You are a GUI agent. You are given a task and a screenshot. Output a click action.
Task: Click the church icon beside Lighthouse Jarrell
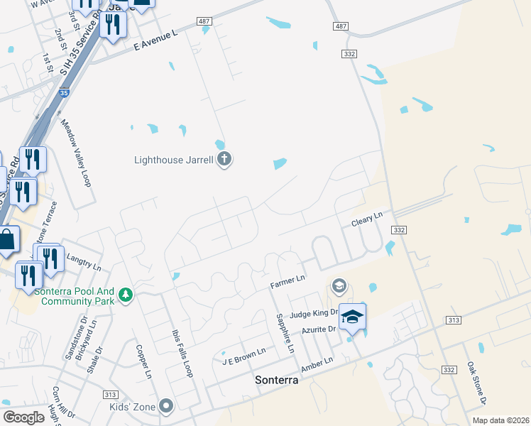(x=224, y=159)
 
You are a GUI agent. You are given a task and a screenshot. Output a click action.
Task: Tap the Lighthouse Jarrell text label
(x=174, y=160)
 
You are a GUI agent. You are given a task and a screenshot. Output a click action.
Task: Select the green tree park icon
(x=126, y=294)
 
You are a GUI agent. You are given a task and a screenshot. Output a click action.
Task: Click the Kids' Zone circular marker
(x=166, y=406)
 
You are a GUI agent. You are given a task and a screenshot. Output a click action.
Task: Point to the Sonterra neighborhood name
(x=275, y=380)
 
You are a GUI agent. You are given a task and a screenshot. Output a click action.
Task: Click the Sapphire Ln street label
(x=285, y=334)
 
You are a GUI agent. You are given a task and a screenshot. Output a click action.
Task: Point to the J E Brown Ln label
(x=243, y=352)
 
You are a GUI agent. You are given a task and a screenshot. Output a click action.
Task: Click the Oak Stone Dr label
(x=476, y=383)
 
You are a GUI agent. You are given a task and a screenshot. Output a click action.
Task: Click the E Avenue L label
(x=155, y=44)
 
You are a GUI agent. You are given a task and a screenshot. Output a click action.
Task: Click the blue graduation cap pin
(x=352, y=317)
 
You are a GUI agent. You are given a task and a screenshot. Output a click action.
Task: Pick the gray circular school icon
(x=339, y=286)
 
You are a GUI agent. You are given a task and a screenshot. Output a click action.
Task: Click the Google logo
(x=23, y=417)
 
